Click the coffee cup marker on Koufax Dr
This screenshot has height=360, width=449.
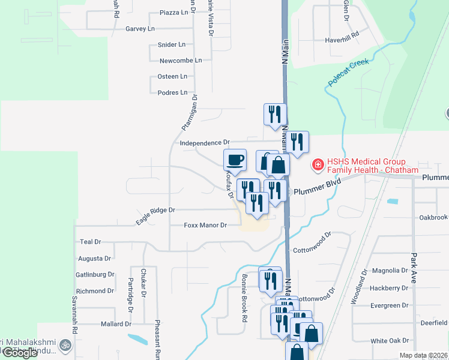tap(235, 160)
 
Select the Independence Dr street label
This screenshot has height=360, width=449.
tap(205, 143)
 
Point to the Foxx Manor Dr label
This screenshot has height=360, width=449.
tap(205, 225)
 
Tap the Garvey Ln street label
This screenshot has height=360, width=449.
tap(140, 28)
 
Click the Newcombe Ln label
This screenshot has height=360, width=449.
tap(181, 61)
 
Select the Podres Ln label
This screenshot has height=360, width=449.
tap(172, 93)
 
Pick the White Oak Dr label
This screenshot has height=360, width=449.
tap(389, 341)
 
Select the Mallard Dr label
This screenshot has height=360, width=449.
tap(116, 324)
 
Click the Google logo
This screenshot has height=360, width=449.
tap(20, 353)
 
